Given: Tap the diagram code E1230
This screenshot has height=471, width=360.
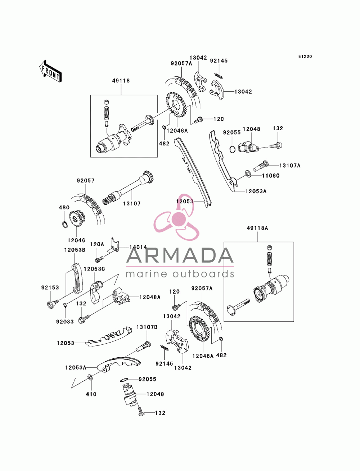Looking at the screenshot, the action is pos(305,56).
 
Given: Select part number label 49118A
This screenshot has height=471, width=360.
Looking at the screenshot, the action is pos(257,228).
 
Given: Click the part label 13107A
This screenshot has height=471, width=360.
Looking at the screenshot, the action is pos(289,166).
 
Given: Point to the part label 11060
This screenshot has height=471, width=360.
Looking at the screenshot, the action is pos(270,176).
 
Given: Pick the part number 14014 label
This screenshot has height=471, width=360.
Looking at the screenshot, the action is pos(138,247).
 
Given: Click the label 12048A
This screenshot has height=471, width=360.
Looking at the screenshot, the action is pos(150,297).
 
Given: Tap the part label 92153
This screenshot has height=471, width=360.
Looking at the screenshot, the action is pos(50,287).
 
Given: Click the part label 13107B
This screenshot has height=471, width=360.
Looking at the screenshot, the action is pos(147,327).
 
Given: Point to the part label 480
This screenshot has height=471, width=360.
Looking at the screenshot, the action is pos(64,208).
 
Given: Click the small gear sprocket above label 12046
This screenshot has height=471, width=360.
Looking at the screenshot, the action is pos(77,218).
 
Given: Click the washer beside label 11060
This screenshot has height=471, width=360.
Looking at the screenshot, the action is pos(248,173).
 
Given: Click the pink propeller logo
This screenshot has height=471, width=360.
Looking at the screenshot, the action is pos(176,217).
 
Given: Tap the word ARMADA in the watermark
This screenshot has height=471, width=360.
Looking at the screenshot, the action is pos(180,255).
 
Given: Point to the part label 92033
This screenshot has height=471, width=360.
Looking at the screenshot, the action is pos(65,322).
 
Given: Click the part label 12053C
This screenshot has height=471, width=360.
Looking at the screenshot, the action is pos(94,269).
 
